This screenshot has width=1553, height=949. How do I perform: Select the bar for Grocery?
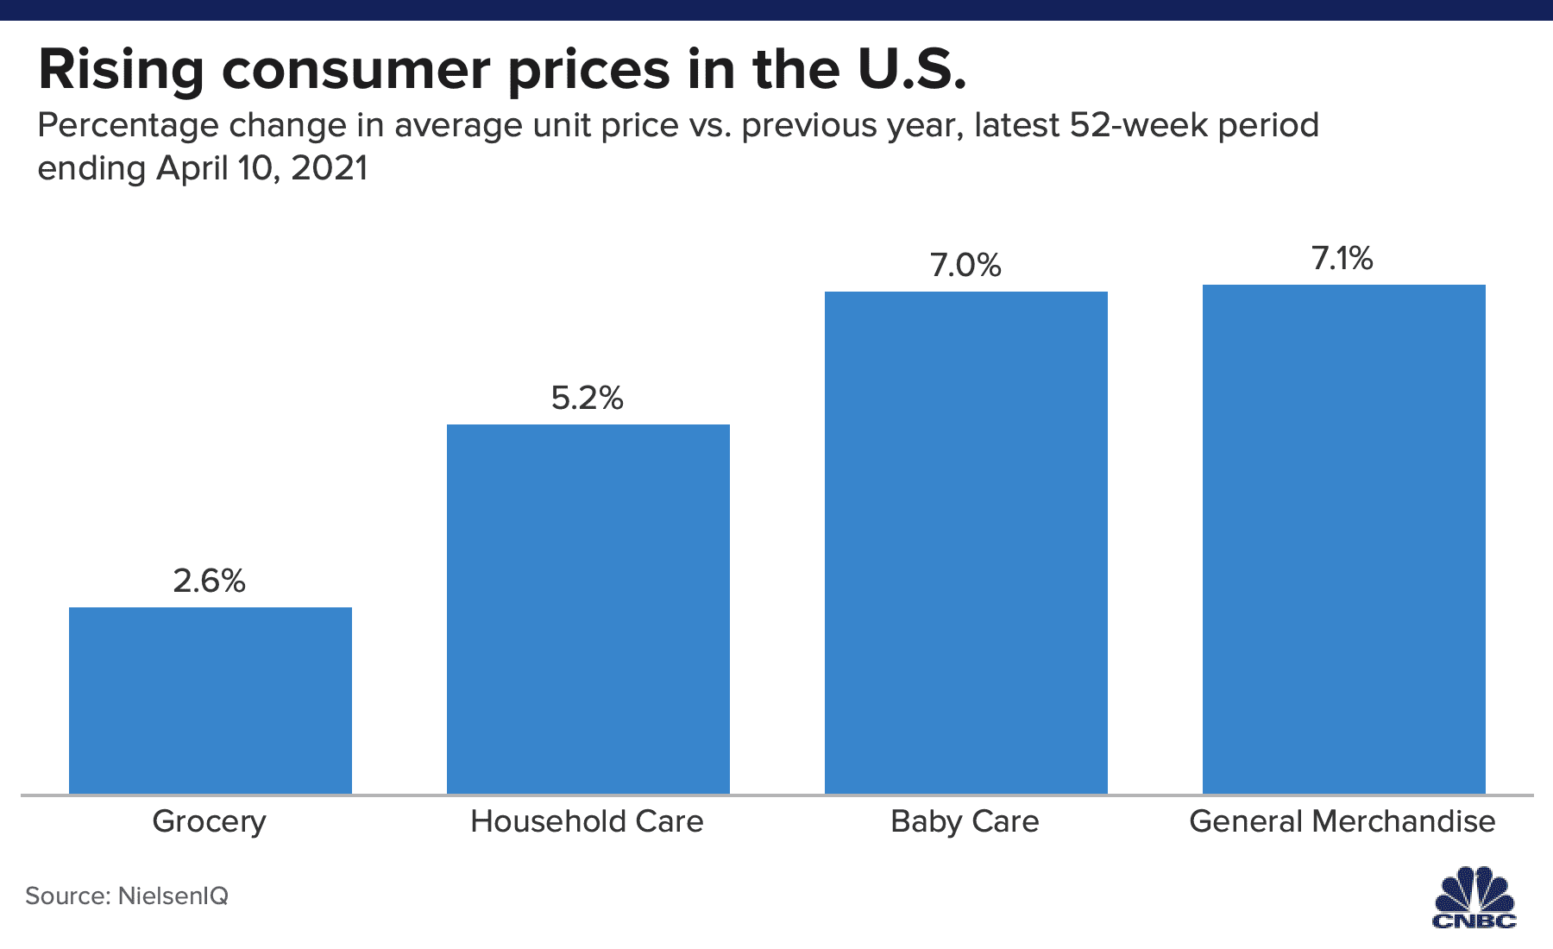coord(210,700)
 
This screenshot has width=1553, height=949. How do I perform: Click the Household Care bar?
coord(588,608)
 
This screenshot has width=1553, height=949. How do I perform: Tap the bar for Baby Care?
coord(965,542)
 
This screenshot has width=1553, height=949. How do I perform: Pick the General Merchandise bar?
coord(1343,538)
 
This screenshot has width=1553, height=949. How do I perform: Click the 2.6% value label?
coord(210,581)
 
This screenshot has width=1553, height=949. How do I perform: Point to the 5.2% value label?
coord(588,398)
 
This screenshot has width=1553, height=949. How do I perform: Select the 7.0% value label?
coord(965,265)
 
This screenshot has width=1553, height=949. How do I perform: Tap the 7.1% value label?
coord(1342,258)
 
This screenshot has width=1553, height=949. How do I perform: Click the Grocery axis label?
coord(210,821)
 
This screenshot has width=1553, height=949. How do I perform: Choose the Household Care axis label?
coord(587,821)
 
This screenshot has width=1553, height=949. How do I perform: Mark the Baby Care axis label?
coord(965,821)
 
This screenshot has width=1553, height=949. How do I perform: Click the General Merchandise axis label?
coord(1342,821)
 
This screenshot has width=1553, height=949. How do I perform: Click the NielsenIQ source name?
coord(173,896)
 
